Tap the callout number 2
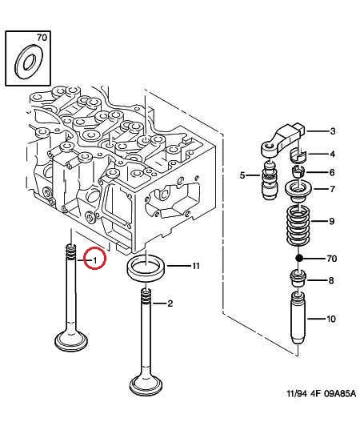coord(170,303)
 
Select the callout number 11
coord(196,266)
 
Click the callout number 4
coord(332,154)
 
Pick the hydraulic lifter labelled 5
coord(270,180)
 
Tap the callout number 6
coord(332,172)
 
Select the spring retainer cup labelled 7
coord(298,192)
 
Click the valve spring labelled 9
coord(298,224)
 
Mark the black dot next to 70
coord(299,258)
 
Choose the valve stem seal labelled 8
coord(298,278)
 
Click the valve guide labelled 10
coord(298,318)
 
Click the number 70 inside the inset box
coord(42,38)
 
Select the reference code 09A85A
coord(340,393)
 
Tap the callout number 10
coord(331,319)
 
